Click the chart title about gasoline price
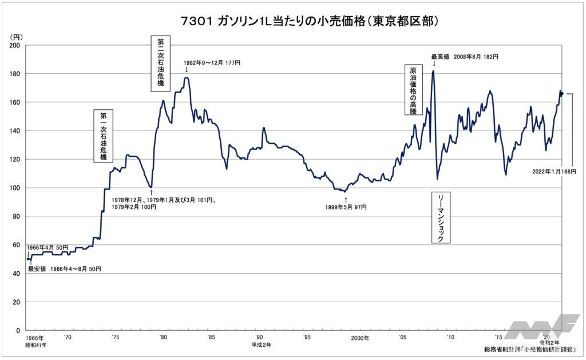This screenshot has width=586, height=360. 293,21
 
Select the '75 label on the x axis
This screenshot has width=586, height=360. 116,338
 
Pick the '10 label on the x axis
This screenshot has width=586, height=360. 452,338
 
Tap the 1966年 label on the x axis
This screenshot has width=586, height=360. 35,338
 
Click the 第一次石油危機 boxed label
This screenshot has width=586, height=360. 103,136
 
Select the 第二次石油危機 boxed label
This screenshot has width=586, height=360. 160,64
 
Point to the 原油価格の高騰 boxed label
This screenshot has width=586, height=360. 413,90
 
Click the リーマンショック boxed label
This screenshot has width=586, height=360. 440,217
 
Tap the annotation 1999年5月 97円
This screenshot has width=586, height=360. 346,207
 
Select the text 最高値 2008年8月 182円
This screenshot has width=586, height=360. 464,57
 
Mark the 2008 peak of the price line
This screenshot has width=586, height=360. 433,71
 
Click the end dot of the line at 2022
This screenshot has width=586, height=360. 561,94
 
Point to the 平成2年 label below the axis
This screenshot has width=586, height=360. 262,345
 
